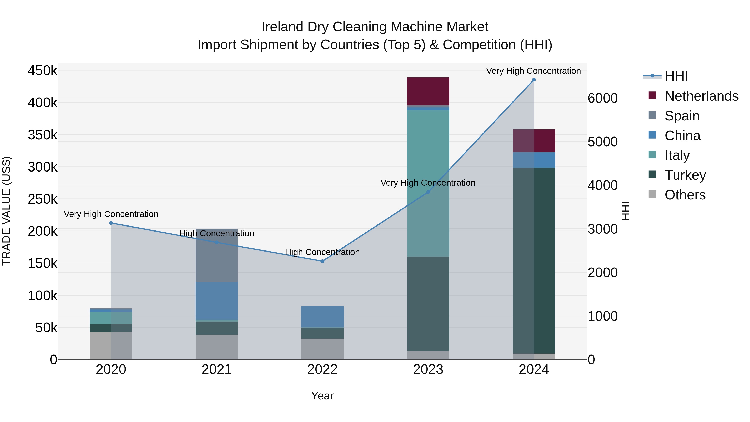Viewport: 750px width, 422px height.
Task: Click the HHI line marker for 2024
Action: [534, 80]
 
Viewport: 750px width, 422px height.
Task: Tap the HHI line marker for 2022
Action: [322, 261]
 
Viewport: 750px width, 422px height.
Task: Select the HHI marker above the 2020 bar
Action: [111, 223]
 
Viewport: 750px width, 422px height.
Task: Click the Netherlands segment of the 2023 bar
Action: [428, 91]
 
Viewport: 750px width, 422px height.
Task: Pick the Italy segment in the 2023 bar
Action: [428, 183]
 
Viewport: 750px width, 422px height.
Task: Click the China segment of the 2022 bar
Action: [322, 317]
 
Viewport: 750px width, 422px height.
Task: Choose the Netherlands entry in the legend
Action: [701, 96]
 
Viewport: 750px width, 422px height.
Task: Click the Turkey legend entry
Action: [685, 175]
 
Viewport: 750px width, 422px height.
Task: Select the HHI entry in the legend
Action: [676, 76]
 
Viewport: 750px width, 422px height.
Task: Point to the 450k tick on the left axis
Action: [42, 71]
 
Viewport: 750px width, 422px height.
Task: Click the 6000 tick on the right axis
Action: [602, 98]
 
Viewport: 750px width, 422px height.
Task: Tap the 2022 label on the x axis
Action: [322, 369]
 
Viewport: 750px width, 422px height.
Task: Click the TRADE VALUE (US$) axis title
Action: [6, 211]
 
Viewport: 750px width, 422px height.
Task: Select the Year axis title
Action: [322, 396]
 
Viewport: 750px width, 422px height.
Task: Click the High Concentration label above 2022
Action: [322, 252]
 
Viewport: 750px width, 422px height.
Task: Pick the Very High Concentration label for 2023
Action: [428, 183]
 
